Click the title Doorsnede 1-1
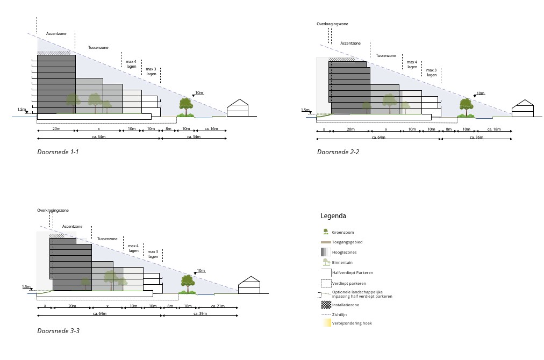click(58, 152)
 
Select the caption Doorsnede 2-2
click(338, 152)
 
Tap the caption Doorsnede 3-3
click(59, 331)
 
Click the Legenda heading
click(333, 216)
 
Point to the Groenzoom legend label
click(342, 232)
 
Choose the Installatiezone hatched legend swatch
click(325, 305)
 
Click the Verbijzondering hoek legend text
click(352, 323)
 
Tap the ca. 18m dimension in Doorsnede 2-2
click(493, 129)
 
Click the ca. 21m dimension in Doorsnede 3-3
click(218, 306)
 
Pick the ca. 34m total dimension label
click(194, 137)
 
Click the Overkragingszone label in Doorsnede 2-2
click(332, 24)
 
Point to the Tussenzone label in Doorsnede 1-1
click(98, 48)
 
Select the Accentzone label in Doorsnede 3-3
click(72, 227)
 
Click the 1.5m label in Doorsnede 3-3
click(26, 287)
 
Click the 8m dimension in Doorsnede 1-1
click(168, 129)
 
